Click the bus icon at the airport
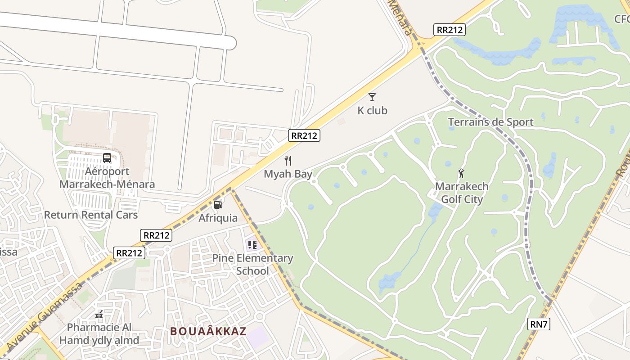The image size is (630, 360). click(x=107, y=158)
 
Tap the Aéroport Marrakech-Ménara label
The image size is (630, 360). click(x=107, y=178)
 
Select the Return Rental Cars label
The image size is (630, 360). click(x=90, y=215)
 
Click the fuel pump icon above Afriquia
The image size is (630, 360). click(x=218, y=205)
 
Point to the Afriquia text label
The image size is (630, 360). click(x=218, y=218)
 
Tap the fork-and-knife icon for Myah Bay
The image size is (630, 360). click(x=288, y=160)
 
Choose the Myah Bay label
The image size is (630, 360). click(x=288, y=174)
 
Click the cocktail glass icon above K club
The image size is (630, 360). click(x=372, y=97)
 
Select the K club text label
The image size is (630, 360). click(x=372, y=110)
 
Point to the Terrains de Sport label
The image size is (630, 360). click(x=490, y=122)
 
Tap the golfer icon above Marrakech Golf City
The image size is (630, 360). click(x=461, y=173)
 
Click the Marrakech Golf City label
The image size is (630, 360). click(x=462, y=193)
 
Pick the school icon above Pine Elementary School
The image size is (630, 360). click(x=252, y=245)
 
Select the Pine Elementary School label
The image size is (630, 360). click(x=252, y=265)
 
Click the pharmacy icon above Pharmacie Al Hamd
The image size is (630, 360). click(x=99, y=315)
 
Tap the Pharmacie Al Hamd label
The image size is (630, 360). click(x=99, y=333)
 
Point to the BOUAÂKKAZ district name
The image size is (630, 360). click(x=208, y=332)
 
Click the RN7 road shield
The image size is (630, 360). click(x=539, y=324)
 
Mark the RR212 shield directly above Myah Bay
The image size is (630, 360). click(x=304, y=135)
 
